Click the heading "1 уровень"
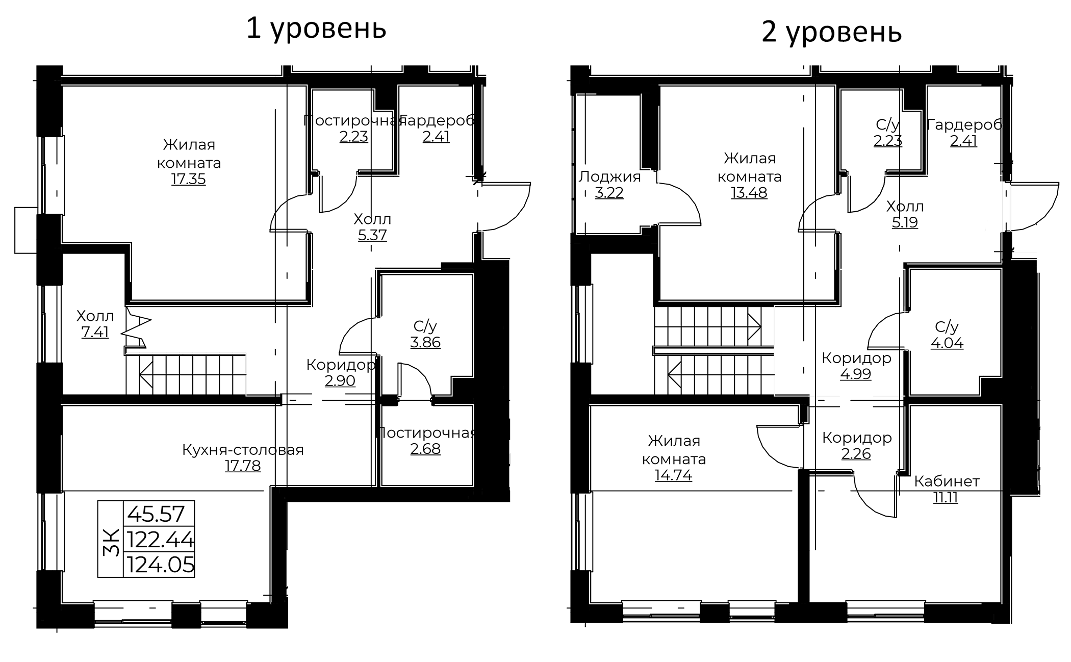pyautogui.click(x=316, y=29)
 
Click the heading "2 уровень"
pyautogui.click(x=832, y=33)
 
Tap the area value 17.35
pyautogui.click(x=189, y=180)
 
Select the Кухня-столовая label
pyautogui.click(x=243, y=450)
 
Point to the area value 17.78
pyautogui.click(x=243, y=466)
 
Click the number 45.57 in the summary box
pyautogui.click(x=156, y=514)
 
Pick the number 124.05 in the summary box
pyautogui.click(x=161, y=565)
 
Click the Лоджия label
pyautogui.click(x=609, y=176)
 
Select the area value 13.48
pyautogui.click(x=749, y=193)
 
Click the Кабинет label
pyautogui.click(x=947, y=481)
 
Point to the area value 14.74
pyautogui.click(x=674, y=475)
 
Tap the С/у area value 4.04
pyautogui.click(x=947, y=343)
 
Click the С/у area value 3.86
pyautogui.click(x=425, y=342)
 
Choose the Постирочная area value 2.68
pyautogui.click(x=425, y=449)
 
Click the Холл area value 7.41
pyautogui.click(x=95, y=333)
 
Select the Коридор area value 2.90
pyautogui.click(x=340, y=380)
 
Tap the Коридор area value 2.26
pyautogui.click(x=856, y=454)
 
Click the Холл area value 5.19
pyautogui.click(x=905, y=222)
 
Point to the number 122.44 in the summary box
pyautogui.click(x=161, y=539)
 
